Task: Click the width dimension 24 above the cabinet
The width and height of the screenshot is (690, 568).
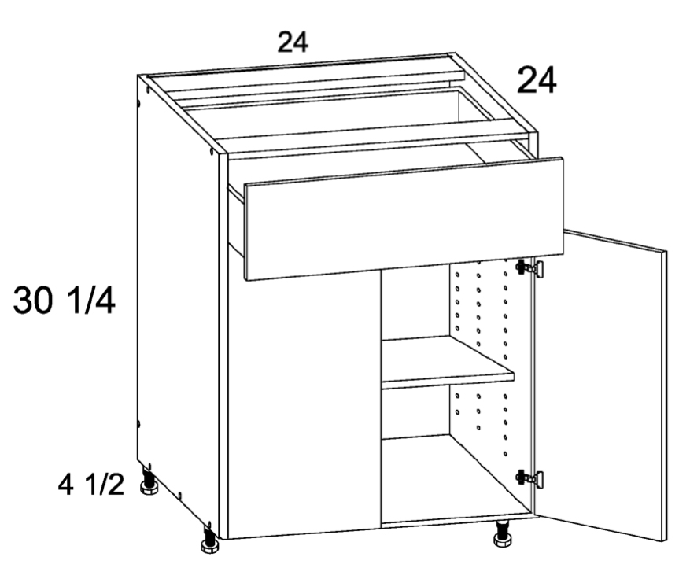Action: point(293,42)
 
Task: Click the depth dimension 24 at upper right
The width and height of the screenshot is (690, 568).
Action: point(537,80)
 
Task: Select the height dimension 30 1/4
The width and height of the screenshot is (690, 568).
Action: point(65,300)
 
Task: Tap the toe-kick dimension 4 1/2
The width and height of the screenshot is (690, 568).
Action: point(91,485)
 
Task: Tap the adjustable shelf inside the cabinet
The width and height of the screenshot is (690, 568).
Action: point(447,363)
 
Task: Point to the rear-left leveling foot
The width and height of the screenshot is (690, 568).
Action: point(148,481)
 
